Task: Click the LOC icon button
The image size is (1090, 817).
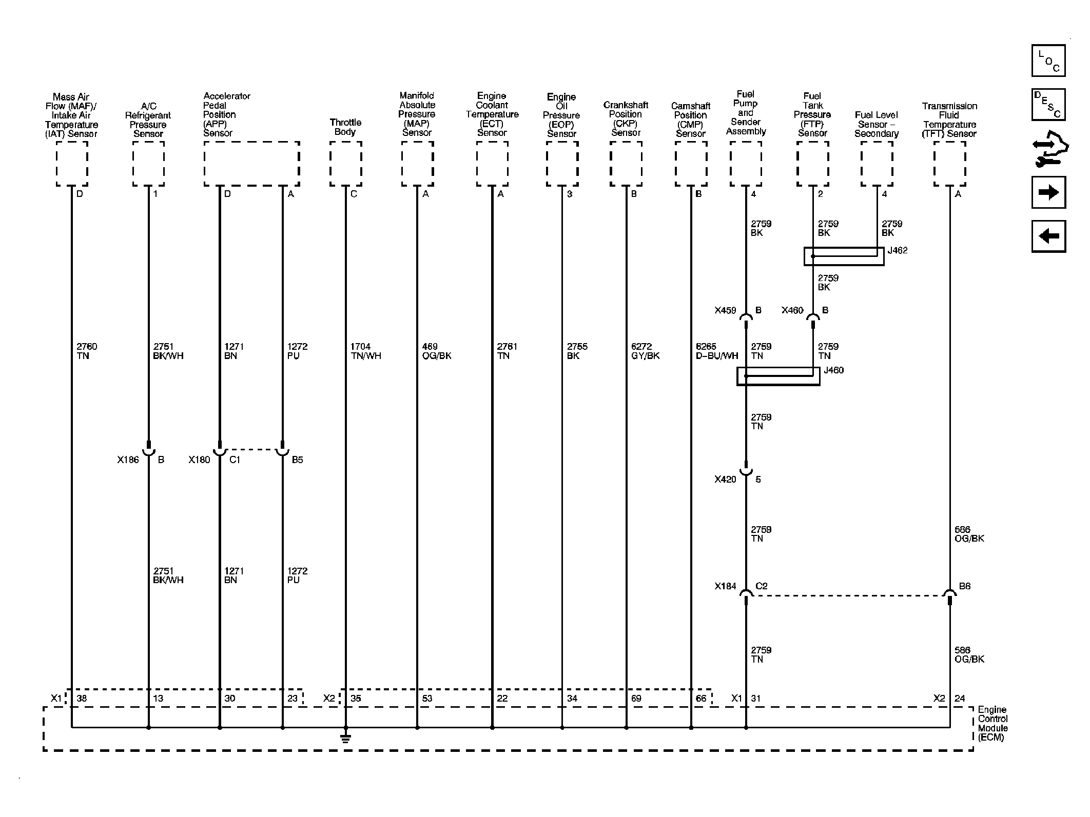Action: pos(1048,61)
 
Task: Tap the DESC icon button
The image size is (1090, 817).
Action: pos(1048,105)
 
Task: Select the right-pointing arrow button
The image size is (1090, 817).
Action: pos(1048,192)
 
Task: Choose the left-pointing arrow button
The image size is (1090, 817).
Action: pos(1048,236)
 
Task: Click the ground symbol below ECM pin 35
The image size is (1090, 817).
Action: pos(345,738)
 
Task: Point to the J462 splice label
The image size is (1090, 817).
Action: pos(898,251)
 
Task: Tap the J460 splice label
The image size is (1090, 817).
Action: pos(833,370)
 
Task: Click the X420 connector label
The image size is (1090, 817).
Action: pos(725,480)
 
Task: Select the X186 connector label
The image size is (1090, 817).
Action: pos(128,460)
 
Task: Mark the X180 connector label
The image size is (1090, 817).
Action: pos(199,460)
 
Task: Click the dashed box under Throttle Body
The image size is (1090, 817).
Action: pos(345,164)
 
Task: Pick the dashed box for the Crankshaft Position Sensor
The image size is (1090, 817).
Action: pos(626,164)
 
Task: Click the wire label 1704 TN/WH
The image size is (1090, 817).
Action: pos(366,351)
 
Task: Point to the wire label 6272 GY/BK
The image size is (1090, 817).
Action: pos(646,351)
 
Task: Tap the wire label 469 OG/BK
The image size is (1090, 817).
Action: pos(437,351)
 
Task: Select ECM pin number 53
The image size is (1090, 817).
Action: pos(427,699)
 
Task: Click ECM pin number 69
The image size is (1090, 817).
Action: pos(636,699)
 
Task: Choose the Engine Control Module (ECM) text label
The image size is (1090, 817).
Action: pos(993,724)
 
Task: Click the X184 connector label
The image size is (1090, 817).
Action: pos(725,586)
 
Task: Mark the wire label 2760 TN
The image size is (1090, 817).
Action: pos(87,351)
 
